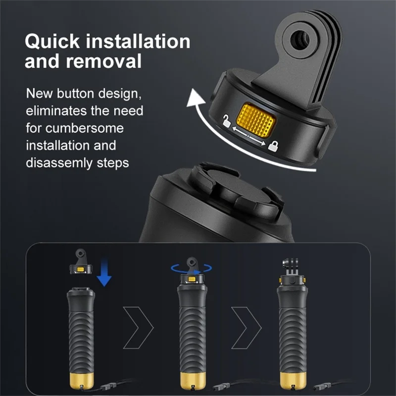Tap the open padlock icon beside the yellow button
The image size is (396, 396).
226,121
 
